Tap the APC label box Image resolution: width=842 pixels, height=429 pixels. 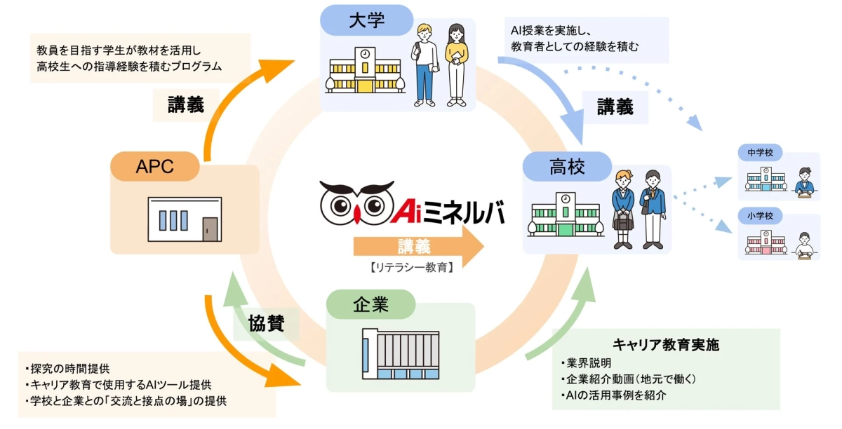155,166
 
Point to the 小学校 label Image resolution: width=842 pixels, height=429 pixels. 760,216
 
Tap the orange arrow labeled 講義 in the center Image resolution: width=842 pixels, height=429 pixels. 418,247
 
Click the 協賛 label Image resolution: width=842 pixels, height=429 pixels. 265,323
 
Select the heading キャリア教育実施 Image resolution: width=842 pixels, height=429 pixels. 666,345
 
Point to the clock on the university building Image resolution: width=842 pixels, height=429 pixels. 365,54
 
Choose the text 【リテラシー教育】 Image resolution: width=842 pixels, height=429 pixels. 410,267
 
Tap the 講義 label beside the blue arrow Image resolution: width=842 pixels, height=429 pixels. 615,107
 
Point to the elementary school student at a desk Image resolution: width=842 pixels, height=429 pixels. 804,245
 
